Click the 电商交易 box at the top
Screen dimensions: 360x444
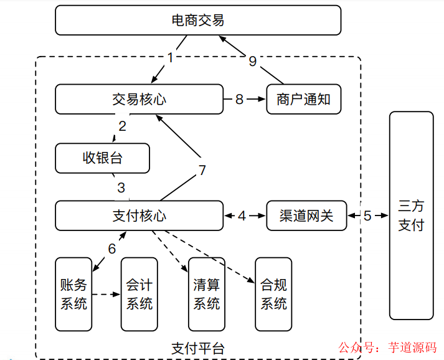[198, 21]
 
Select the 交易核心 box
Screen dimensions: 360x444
[139, 99]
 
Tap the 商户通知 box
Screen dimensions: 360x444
[304, 99]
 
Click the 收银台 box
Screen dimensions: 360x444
[103, 158]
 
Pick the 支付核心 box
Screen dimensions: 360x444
[139, 216]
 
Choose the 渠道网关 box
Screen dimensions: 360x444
[306, 216]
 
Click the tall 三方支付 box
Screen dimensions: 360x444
[411, 215]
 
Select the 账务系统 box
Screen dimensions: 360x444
[73, 294]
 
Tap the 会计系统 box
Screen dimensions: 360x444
[139, 294]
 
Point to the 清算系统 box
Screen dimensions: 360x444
[207, 294]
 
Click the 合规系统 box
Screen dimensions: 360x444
[273, 294]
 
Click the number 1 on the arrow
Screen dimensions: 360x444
[171, 57]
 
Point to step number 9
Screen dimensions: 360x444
[252, 60]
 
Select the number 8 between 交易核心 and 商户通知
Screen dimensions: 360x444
[239, 100]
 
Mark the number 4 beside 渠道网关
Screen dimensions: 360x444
[242, 216]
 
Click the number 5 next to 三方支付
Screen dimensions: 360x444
[367, 216]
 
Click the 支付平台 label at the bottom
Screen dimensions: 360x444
[197, 348]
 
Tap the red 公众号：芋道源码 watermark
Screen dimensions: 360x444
[387, 348]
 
